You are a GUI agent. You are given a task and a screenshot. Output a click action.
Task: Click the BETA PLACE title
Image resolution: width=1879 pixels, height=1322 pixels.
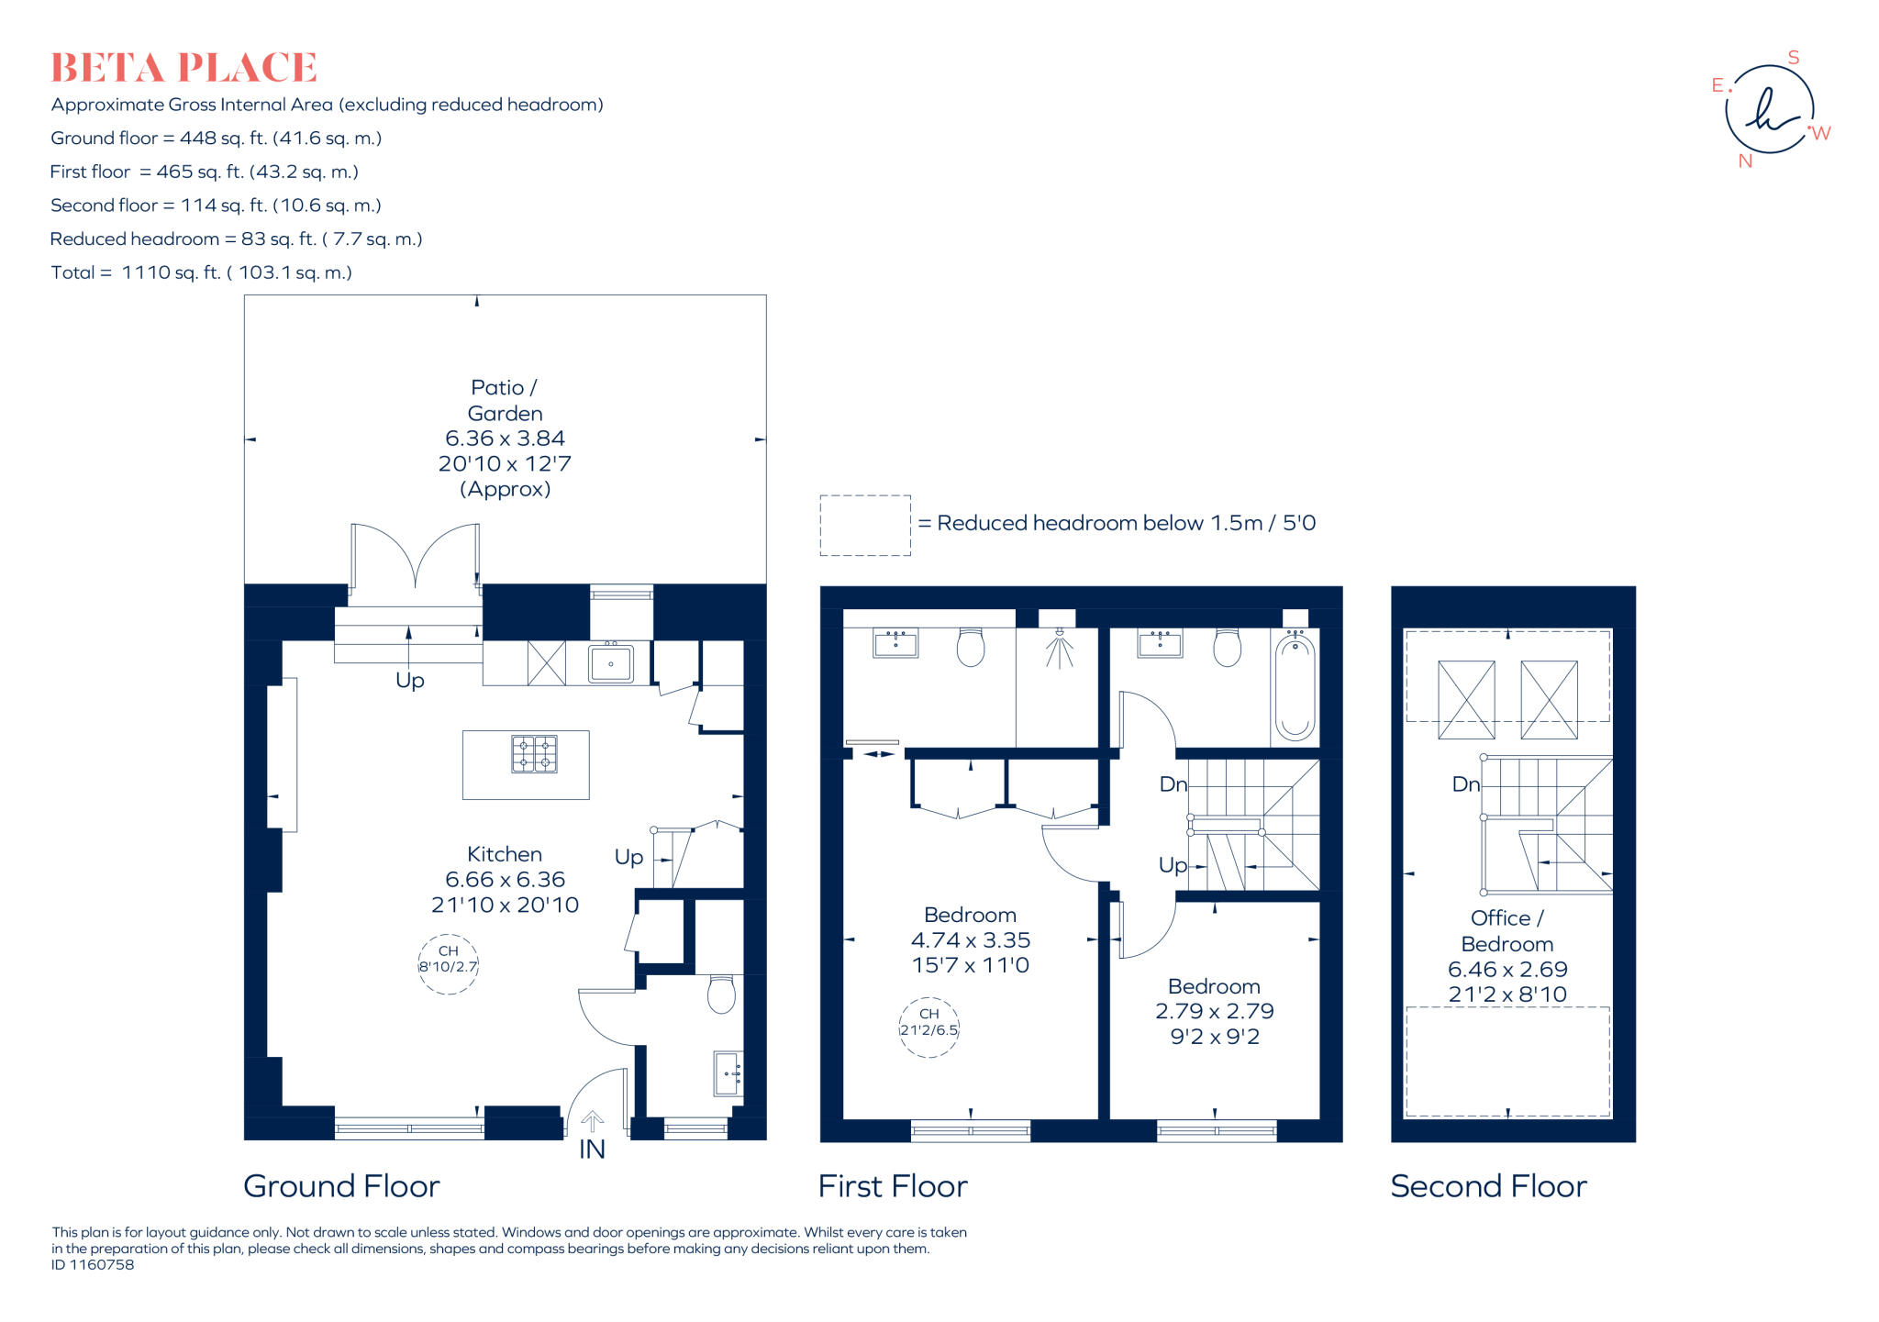click(x=183, y=68)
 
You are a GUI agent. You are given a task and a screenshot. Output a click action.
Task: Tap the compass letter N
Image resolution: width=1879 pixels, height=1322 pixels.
click(x=1745, y=161)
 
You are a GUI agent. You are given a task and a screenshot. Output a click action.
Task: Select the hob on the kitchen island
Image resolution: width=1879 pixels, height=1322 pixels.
click(x=534, y=754)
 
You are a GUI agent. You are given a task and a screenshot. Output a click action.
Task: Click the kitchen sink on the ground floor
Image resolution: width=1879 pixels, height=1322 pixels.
click(x=610, y=662)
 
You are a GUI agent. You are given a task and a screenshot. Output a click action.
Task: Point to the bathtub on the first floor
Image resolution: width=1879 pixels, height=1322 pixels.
click(x=1295, y=687)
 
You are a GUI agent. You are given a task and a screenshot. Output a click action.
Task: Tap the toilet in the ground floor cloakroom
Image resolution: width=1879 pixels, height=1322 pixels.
click(x=721, y=994)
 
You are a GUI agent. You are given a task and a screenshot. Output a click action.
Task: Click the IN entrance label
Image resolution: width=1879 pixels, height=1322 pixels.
click(x=592, y=1150)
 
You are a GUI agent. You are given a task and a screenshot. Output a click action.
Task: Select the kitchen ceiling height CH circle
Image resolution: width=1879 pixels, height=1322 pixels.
click(x=448, y=964)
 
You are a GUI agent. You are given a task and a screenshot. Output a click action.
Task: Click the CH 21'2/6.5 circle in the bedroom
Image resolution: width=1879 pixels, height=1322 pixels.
click(x=928, y=1028)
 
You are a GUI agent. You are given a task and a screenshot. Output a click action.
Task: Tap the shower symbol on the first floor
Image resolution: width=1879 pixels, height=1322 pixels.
click(x=1059, y=648)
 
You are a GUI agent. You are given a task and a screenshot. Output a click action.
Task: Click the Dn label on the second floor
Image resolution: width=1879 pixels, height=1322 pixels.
click(x=1465, y=784)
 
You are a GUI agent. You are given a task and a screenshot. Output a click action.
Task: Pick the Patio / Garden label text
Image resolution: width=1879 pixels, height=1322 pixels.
click(x=505, y=401)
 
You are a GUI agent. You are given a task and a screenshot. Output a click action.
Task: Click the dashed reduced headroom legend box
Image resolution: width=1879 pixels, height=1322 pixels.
click(x=865, y=525)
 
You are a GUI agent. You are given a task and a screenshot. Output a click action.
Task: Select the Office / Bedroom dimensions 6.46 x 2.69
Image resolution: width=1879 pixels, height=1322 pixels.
click(x=1507, y=969)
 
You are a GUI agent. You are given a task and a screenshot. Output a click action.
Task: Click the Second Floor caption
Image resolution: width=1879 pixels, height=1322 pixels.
click(x=1488, y=1186)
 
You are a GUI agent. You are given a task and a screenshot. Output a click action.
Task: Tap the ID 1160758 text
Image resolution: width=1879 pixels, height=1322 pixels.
click(x=93, y=1265)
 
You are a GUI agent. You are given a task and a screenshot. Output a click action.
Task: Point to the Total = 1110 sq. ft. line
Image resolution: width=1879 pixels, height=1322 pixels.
click(x=202, y=272)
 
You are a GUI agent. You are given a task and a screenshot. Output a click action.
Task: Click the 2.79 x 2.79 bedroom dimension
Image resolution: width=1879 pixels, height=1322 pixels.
click(x=1214, y=1011)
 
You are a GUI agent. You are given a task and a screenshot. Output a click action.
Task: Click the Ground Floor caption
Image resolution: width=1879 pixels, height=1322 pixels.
click(x=341, y=1186)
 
